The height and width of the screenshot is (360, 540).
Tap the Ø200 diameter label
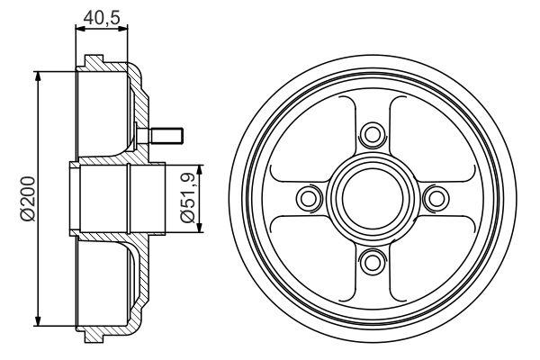click(x=26, y=198)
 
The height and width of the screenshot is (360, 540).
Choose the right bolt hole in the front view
click(x=434, y=198)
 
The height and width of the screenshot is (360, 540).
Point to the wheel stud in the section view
click(x=166, y=137)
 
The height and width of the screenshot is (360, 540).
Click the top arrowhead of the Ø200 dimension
click(x=39, y=74)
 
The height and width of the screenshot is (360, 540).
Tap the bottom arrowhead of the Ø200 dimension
click(x=39, y=322)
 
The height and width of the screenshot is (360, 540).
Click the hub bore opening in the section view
click(x=103, y=198)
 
